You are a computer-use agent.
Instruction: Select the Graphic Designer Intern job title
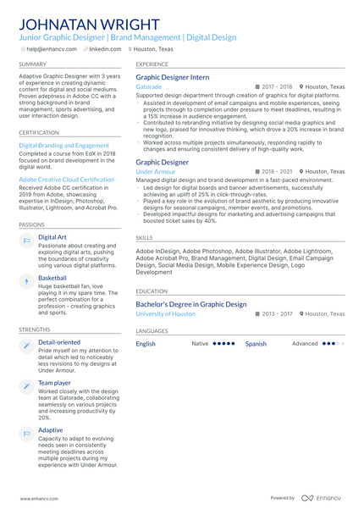point(173,77)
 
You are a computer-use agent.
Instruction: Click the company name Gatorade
point(149,86)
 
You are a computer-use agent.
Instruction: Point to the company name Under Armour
point(156,171)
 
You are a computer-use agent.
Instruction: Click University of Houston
point(166,313)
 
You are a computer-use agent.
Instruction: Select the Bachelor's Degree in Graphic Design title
point(191,303)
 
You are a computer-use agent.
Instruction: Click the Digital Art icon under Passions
point(26,241)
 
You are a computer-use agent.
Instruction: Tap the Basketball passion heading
point(52,278)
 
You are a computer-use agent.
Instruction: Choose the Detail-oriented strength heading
point(59,342)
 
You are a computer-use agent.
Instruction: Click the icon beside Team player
point(26,386)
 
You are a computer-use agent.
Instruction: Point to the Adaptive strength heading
point(50,429)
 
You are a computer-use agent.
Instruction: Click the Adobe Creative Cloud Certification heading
point(66,180)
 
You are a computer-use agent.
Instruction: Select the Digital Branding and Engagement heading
point(63,145)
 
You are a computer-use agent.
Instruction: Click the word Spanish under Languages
point(256,344)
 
